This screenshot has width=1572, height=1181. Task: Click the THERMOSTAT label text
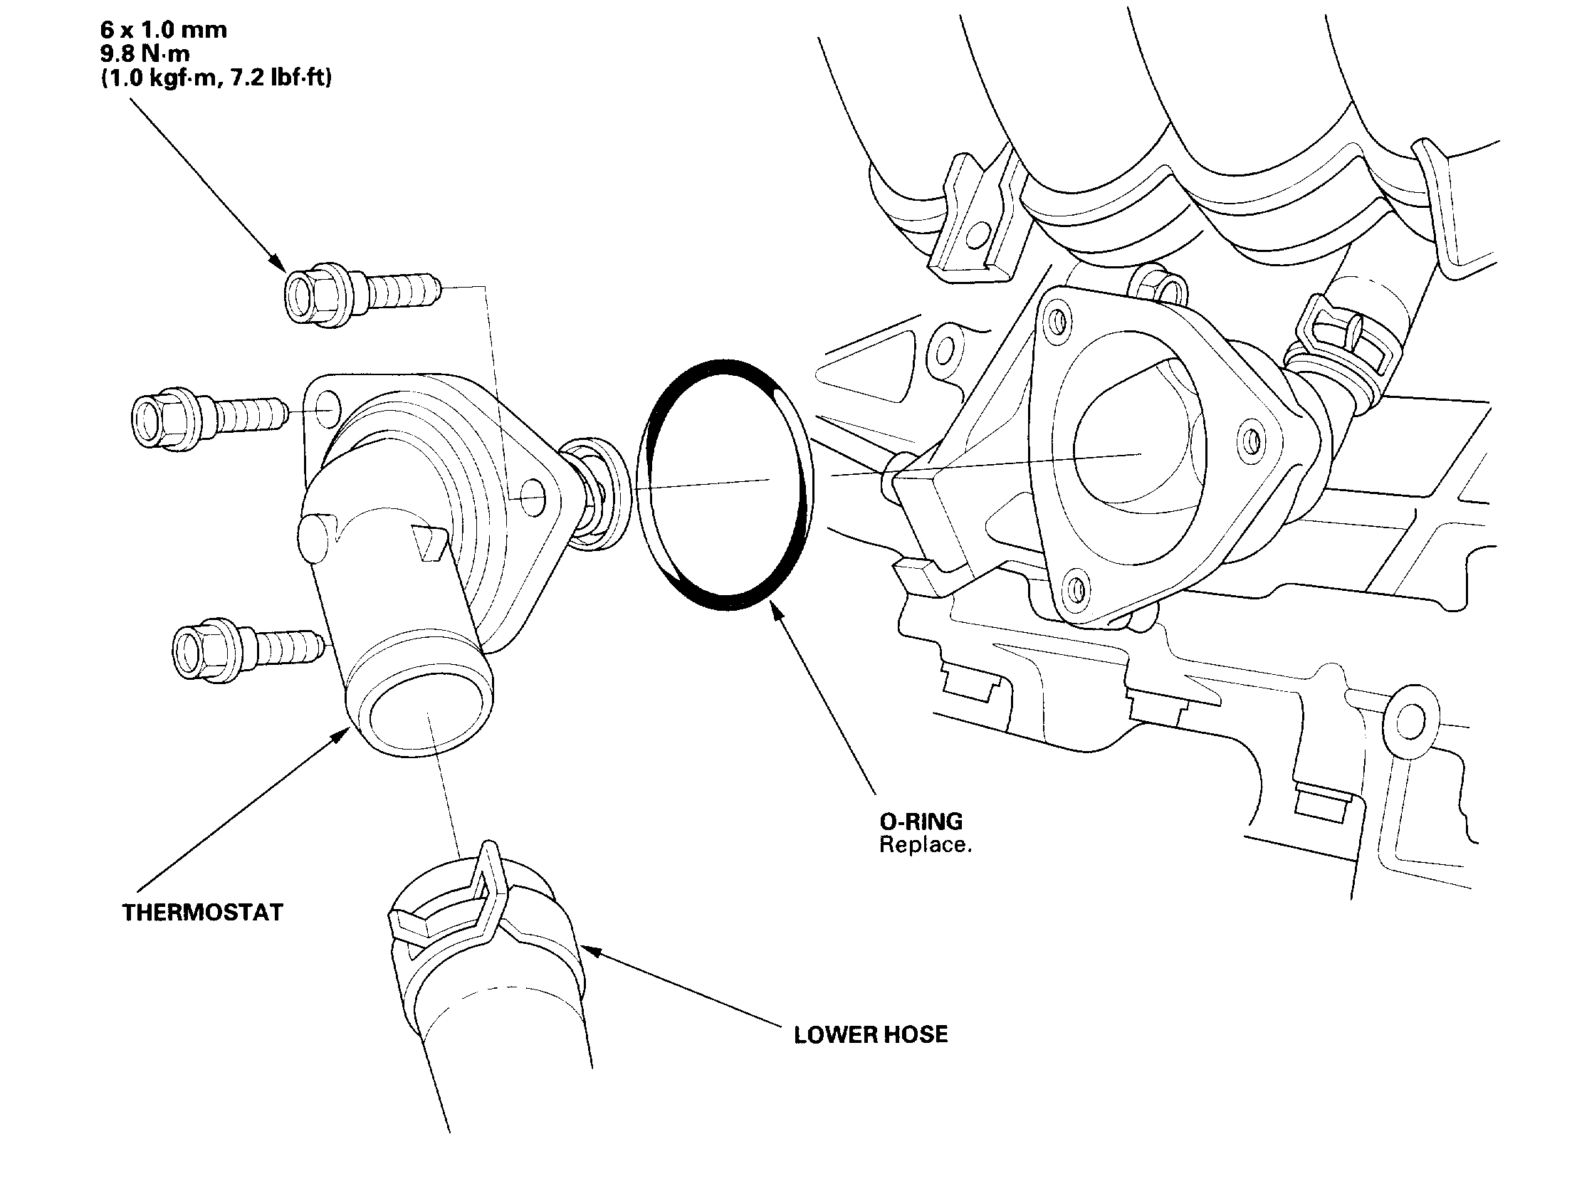coord(202,913)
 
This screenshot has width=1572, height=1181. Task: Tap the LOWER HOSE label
coord(871,1034)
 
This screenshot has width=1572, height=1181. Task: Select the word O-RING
coord(921,822)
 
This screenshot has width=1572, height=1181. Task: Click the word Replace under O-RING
coord(925,845)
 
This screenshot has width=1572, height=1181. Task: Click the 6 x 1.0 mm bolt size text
coord(163,30)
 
